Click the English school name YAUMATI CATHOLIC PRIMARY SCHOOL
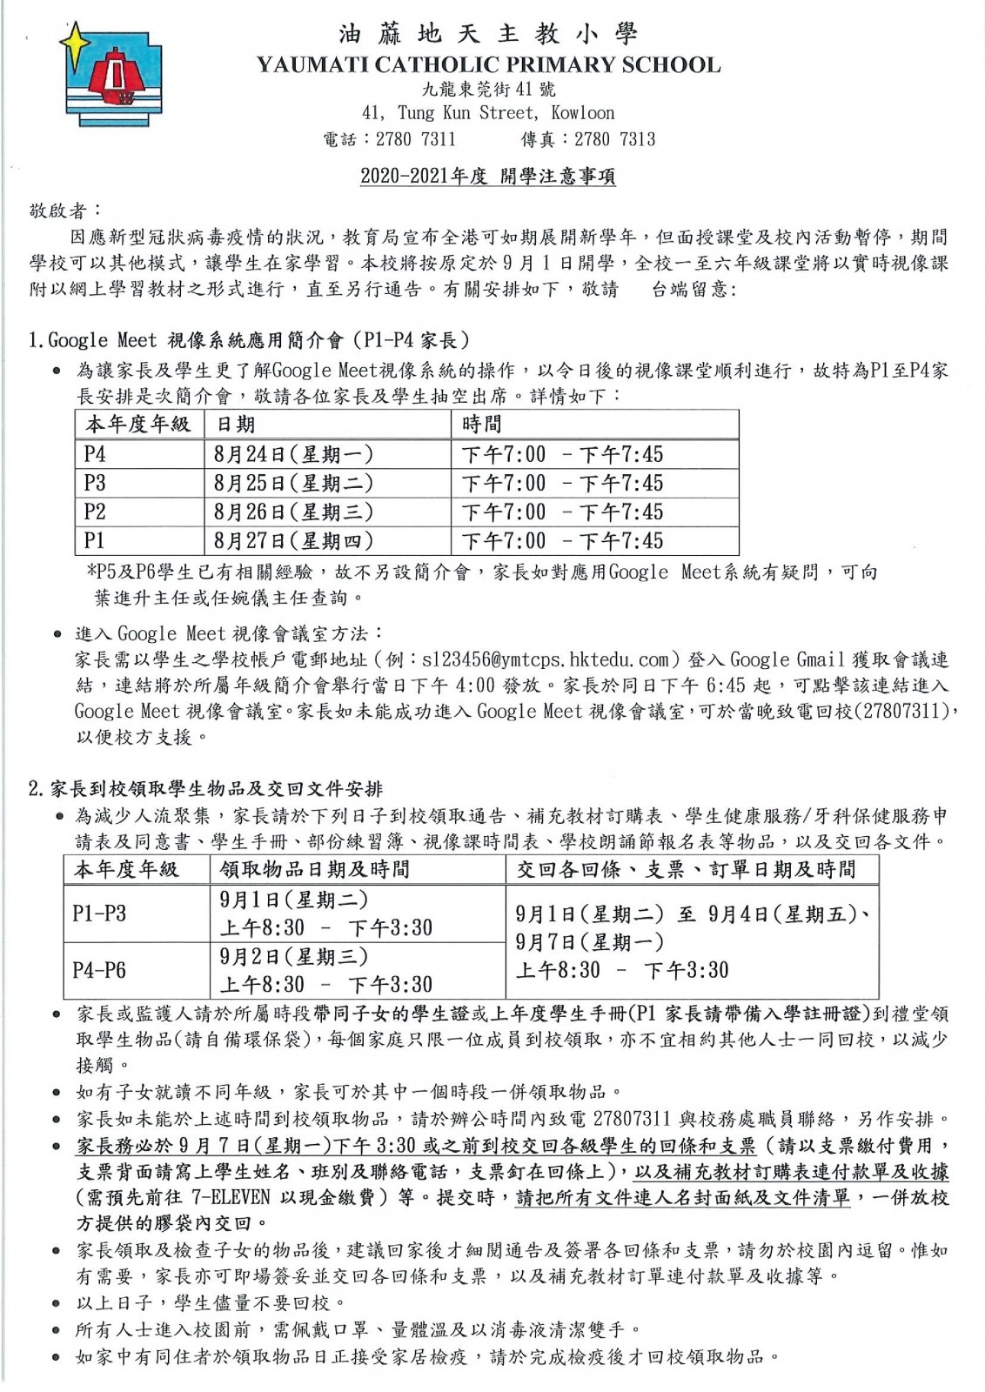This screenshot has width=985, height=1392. [x=488, y=64]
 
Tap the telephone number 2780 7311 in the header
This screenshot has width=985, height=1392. [x=415, y=139]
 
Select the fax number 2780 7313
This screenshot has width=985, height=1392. [x=614, y=139]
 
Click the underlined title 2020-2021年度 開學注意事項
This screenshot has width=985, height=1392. [x=488, y=177]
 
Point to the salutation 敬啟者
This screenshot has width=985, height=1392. [x=65, y=211]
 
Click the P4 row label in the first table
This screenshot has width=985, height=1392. [x=95, y=454]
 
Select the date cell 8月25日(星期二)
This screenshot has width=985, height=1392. [x=293, y=483]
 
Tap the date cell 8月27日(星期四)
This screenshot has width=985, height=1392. [x=293, y=540]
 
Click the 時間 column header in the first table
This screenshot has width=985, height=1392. [x=482, y=425]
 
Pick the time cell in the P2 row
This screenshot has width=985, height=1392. [x=562, y=512]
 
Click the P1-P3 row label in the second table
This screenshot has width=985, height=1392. [x=99, y=913]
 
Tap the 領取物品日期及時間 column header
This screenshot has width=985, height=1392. [x=314, y=869]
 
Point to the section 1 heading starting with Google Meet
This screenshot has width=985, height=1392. [x=249, y=340]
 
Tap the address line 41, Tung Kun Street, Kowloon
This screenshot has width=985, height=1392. [x=488, y=113]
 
